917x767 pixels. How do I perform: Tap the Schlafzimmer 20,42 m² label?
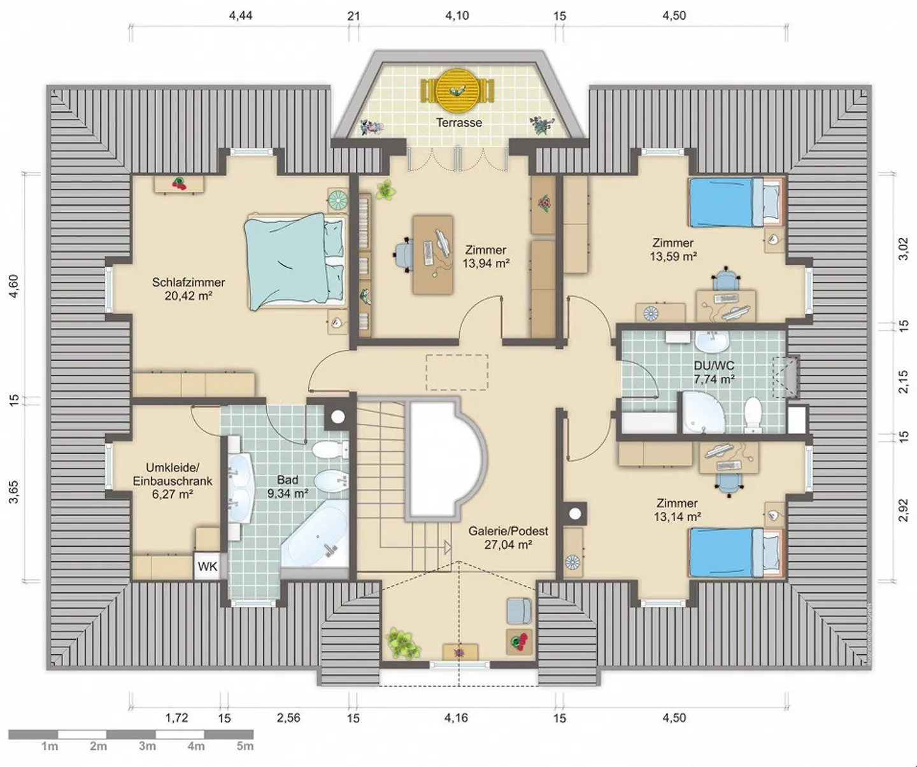point(188,289)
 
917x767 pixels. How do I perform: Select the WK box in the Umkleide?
point(208,566)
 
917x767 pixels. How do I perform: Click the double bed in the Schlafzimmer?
point(295,262)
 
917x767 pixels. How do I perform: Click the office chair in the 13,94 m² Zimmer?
point(403,254)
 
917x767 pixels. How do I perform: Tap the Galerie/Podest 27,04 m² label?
point(508,538)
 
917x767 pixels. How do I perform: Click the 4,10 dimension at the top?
point(457,15)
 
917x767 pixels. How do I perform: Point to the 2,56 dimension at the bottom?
point(288,718)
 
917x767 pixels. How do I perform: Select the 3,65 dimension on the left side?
point(13,491)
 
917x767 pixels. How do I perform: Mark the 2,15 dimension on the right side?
point(903,381)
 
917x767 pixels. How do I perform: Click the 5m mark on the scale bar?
point(245,746)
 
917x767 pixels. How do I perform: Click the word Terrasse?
point(458,123)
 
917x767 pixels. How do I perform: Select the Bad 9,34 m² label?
point(288,487)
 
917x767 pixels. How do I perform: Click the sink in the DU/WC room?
point(711,342)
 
